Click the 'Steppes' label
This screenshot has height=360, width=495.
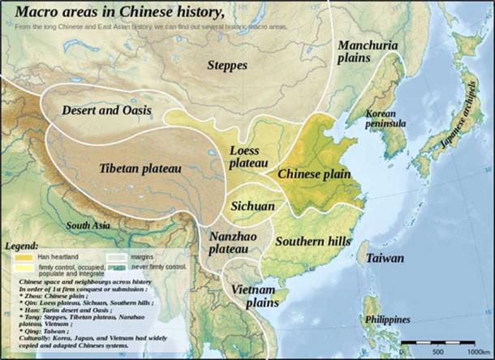226,64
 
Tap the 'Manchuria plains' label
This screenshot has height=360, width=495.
368,51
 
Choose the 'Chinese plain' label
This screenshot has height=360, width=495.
312,174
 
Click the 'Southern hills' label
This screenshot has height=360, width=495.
312,242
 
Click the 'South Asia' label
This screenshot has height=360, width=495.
89,225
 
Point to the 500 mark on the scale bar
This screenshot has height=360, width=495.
437,350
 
